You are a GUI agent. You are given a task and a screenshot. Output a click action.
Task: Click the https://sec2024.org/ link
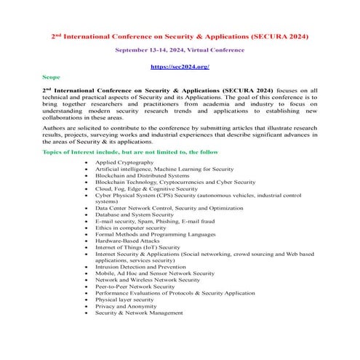point(180,66)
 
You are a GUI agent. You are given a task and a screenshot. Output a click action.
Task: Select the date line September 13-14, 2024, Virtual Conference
point(180,51)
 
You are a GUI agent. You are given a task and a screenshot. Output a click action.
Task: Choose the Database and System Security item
point(135,215)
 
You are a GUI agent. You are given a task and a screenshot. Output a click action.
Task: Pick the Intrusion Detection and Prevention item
point(141,266)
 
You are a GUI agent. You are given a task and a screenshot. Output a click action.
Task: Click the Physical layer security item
point(124,299)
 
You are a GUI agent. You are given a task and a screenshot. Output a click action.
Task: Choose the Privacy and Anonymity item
point(125,305)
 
